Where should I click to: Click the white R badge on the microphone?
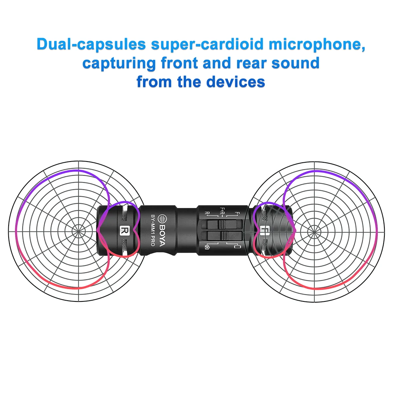coord(125,230)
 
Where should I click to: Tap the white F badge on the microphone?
coord(263,230)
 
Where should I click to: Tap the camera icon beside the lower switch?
coord(207,247)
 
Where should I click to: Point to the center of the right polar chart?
coord(314,230)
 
